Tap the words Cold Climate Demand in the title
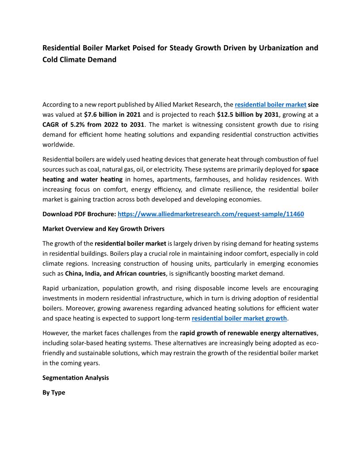(79, 59)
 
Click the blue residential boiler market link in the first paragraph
(270, 105)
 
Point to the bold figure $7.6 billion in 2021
(112, 115)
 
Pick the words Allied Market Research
(188, 105)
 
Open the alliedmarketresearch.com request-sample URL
(211, 214)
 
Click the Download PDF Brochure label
(79, 214)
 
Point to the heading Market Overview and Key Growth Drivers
(104, 229)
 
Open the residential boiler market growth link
(239, 318)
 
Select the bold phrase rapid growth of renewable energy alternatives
(248, 333)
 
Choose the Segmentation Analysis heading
(76, 378)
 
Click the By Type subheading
(54, 392)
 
